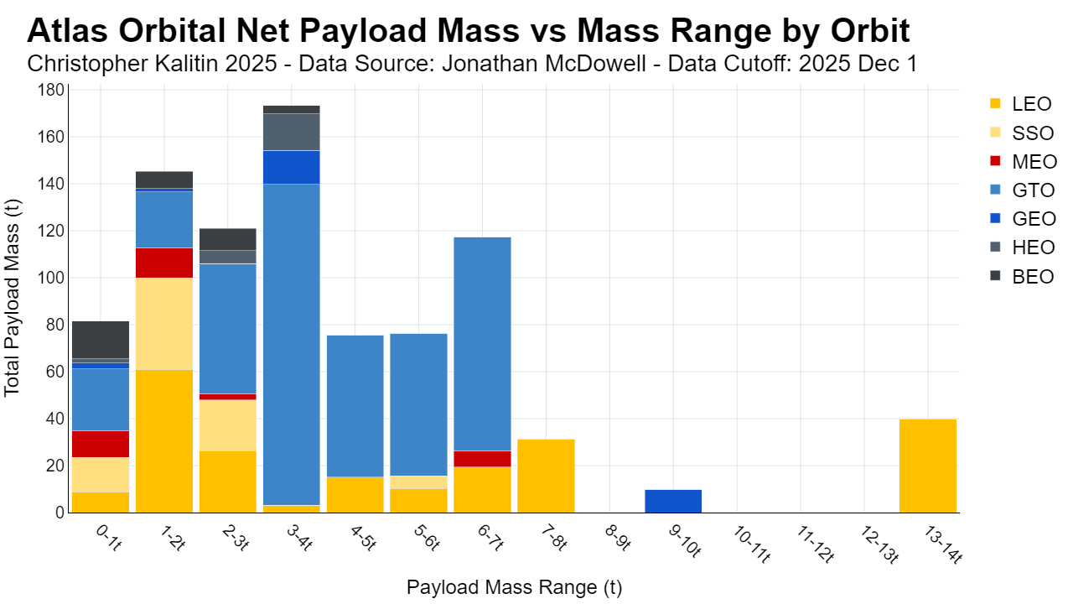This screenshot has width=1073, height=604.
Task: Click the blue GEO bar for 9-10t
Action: pos(673,501)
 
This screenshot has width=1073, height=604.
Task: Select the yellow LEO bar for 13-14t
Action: pos(928,466)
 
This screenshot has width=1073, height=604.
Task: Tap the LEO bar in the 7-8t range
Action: pos(546,476)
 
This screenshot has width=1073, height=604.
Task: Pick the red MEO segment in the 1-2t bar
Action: pos(164,263)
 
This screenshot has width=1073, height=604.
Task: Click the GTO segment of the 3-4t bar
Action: pos(292,344)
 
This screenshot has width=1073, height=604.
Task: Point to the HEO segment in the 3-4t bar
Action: pos(292,132)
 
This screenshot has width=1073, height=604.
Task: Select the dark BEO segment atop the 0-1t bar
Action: pos(101,340)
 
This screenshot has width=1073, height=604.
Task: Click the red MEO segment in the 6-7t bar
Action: pos(482,459)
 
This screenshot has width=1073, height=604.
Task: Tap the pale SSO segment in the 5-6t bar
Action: pos(418,482)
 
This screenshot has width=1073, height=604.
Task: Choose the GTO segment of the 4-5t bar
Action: pos(355,406)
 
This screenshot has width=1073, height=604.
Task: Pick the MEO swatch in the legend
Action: pos(995,161)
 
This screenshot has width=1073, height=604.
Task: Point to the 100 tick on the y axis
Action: pos(53,278)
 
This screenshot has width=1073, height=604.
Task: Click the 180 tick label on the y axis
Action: pos(52,90)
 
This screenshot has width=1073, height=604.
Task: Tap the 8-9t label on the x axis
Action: pos(618,537)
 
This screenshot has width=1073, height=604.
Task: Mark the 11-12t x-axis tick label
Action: pos(815,544)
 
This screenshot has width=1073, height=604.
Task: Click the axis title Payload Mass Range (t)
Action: pos(514,586)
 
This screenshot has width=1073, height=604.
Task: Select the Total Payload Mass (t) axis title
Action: pos(12,298)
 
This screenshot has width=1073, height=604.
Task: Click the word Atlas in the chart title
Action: pos(68,31)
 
